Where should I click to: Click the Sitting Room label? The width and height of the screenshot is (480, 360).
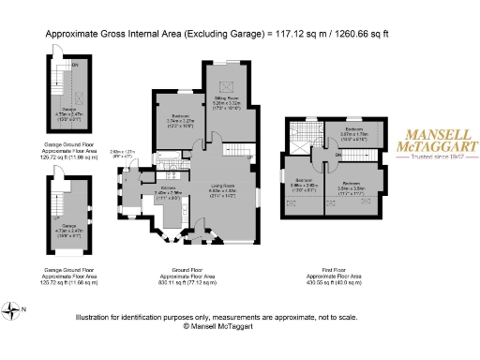point(228,97)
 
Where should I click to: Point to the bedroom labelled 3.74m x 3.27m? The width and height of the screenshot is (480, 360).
point(173,120)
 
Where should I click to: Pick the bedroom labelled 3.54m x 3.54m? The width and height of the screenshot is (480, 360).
point(351,184)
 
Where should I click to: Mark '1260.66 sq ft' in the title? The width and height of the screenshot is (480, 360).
point(365,34)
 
